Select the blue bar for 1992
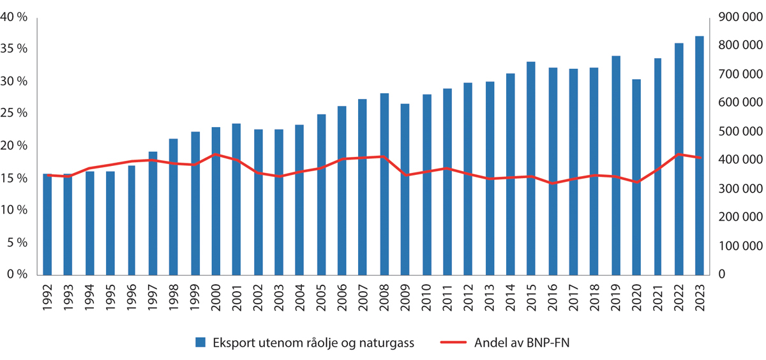click(47, 223)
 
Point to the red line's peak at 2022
click(679, 154)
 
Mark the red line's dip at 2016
click(552, 183)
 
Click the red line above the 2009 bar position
click(405, 175)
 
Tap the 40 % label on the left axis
click(14, 18)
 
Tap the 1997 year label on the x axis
click(153, 297)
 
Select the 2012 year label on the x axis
click(469, 297)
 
